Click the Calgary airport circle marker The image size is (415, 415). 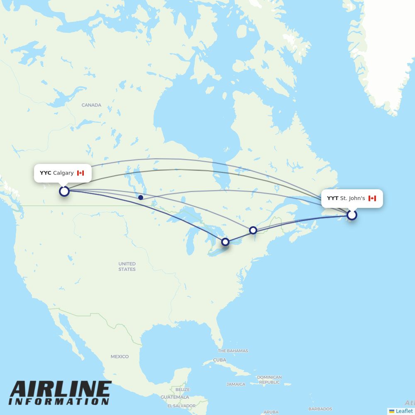(x=64, y=191)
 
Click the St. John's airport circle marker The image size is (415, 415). (x=352, y=215)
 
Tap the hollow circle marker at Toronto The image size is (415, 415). (x=225, y=242)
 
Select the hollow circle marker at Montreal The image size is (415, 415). (x=253, y=230)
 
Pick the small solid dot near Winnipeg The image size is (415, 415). (x=141, y=198)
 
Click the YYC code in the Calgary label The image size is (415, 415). (x=45, y=173)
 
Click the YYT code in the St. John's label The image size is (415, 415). (x=332, y=198)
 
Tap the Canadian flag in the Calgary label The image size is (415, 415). (x=81, y=173)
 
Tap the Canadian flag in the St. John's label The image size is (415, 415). (x=372, y=198)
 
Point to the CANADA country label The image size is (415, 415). (x=91, y=105)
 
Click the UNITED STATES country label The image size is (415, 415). (x=127, y=266)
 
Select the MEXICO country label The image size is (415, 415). (x=120, y=356)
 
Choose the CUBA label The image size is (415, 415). (x=220, y=360)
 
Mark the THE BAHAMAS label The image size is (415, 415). (x=233, y=351)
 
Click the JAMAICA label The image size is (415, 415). (x=236, y=384)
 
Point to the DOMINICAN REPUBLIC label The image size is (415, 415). (x=269, y=380)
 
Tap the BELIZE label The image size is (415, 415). (x=183, y=390)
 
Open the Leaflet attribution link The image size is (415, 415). (x=404, y=411)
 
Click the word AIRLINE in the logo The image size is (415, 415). (x=60, y=389)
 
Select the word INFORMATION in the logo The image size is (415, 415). (x=59, y=402)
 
